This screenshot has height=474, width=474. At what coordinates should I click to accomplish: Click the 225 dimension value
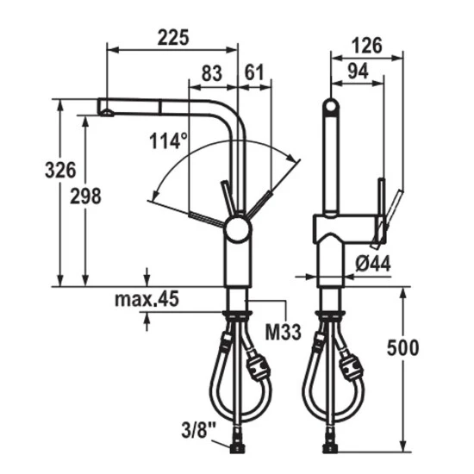[x=173, y=37]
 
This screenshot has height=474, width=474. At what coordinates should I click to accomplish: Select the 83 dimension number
[x=212, y=73]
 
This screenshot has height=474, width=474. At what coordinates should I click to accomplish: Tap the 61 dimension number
[x=254, y=72]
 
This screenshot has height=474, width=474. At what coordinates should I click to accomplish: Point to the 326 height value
[x=60, y=170]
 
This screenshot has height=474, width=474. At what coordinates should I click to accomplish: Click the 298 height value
[x=85, y=196]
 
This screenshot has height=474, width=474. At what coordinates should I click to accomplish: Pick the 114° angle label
[x=168, y=140]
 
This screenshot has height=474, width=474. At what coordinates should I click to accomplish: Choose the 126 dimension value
[x=367, y=46]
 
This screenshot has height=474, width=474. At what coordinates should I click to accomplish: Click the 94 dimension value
[x=358, y=72]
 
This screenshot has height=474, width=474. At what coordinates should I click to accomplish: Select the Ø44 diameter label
[x=372, y=263]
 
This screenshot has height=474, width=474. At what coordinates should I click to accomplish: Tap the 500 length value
[x=403, y=347]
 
